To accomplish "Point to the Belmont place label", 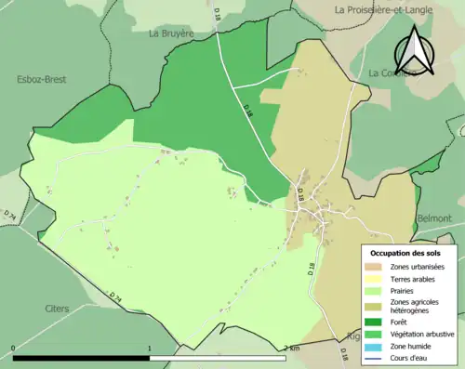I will pyautogui.click(x=434, y=217).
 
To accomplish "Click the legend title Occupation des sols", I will pyautogui.click(x=405, y=253).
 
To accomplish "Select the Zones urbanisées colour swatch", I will pyautogui.click(x=374, y=267).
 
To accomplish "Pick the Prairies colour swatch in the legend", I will pyautogui.click(x=374, y=290).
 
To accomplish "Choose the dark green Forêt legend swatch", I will pyautogui.click(x=374, y=323).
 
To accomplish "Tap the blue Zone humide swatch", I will pyautogui.click(x=374, y=346).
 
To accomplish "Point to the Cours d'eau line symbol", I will pyautogui.click(x=374, y=357).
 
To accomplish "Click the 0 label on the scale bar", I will pyautogui.click(x=14, y=349).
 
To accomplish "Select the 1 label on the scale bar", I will pyautogui.click(x=150, y=349).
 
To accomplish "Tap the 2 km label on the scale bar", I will pyautogui.click(x=291, y=349).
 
